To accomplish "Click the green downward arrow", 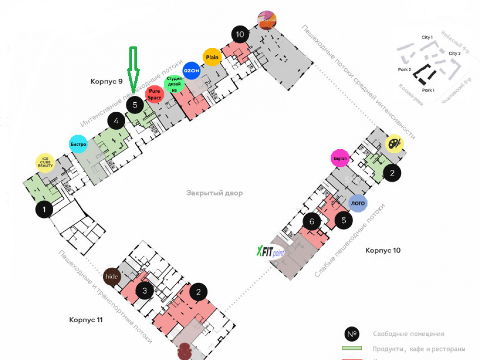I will (133, 70).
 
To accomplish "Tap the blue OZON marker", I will (192, 70).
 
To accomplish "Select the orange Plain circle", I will (212, 57).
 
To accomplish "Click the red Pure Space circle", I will (155, 94).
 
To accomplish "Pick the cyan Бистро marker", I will (78, 144).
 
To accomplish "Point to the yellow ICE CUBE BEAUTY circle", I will (46, 163).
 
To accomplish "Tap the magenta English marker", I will (340, 158).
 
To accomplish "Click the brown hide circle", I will (112, 276).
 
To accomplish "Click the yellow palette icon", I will (395, 143).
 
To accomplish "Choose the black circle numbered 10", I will (240, 34).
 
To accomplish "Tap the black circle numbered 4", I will (116, 122).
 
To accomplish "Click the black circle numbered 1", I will (44, 210).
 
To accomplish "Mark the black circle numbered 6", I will (312, 222).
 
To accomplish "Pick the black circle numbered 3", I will (144, 290).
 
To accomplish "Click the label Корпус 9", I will (107, 81).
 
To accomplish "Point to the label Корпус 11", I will (86, 319).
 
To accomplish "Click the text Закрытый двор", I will (215, 193).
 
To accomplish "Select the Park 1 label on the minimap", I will (428, 90).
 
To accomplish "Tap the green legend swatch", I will (351, 348).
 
